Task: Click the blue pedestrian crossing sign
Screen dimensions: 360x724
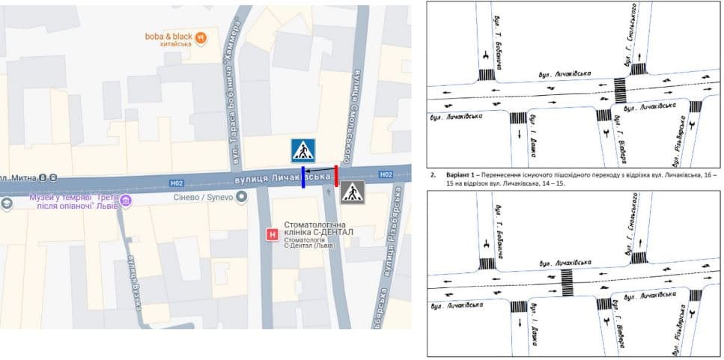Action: tap(303, 150)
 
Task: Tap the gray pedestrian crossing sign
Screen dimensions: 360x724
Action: tap(353, 192)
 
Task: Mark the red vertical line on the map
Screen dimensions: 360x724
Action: tap(336, 176)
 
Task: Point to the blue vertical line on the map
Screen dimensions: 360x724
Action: tap(302, 178)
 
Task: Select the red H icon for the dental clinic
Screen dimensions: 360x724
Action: tap(273, 235)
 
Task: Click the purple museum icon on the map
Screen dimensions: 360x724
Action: tap(126, 201)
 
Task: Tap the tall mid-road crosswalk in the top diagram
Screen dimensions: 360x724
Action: tap(621, 91)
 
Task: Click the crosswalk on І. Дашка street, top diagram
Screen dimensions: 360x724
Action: tap(517, 118)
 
